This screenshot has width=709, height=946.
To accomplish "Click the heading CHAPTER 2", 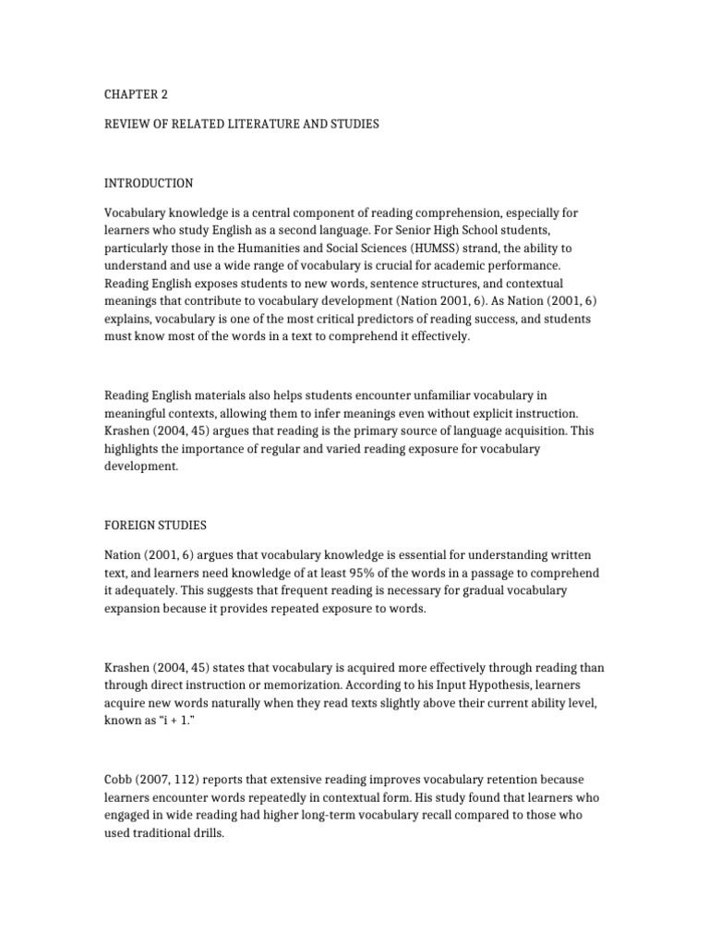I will point(136,94).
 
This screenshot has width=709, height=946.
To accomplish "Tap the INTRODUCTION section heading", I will point(148,183).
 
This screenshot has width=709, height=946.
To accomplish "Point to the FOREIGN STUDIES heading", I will point(155,525).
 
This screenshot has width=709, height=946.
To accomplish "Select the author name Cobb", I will point(119,754).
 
